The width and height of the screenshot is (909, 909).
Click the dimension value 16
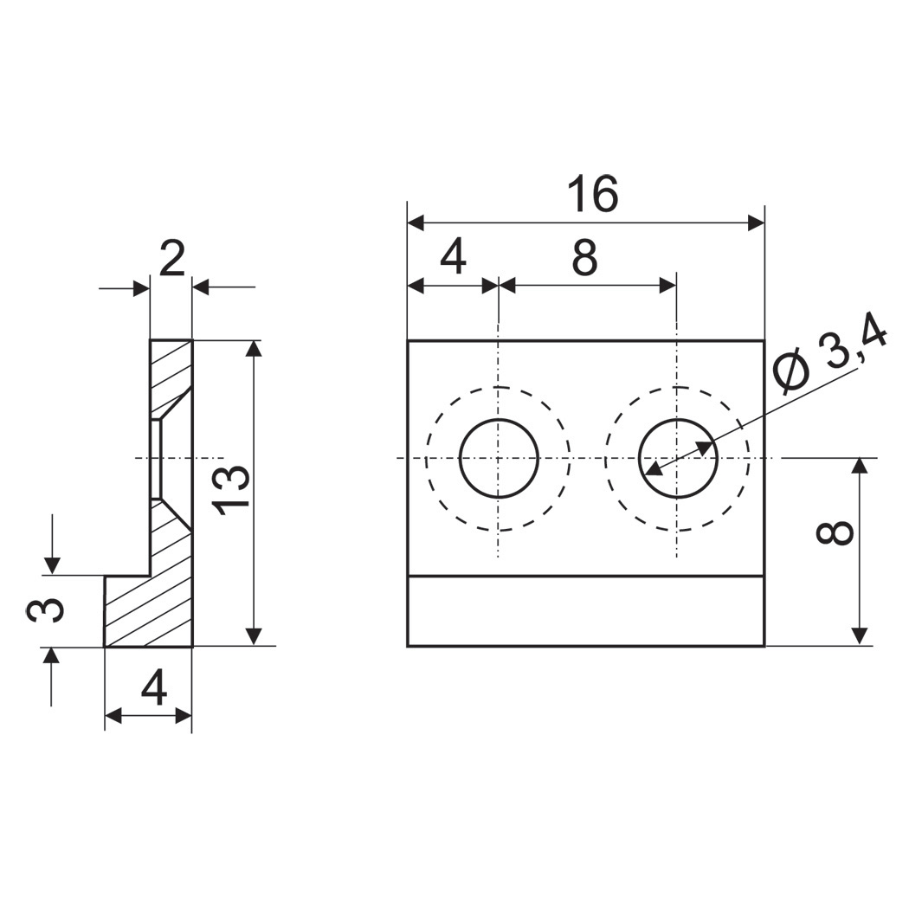(x=592, y=194)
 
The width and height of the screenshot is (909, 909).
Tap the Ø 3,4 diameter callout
(x=831, y=357)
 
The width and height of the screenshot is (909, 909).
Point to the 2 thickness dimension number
(x=171, y=259)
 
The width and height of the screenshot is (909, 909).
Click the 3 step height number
(x=45, y=610)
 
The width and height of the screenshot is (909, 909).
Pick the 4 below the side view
(x=153, y=687)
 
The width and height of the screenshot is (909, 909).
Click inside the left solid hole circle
(x=500, y=458)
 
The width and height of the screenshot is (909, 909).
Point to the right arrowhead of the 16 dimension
(x=757, y=222)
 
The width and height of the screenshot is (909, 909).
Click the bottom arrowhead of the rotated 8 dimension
(x=861, y=636)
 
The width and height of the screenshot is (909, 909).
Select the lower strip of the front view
(x=585, y=610)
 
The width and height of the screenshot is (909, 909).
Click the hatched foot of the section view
(x=148, y=610)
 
